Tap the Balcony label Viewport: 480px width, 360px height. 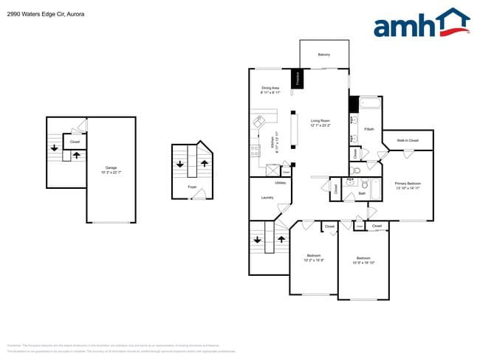point(323,55)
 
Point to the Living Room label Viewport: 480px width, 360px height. point(320,122)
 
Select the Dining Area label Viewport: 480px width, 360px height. point(270,90)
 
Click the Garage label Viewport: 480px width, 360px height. point(111,169)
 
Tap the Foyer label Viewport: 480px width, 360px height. point(192,188)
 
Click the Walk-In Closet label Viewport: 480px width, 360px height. point(407,140)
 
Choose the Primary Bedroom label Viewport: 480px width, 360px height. point(408,184)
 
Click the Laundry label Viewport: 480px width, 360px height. point(267,197)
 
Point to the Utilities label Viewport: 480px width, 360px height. point(280,182)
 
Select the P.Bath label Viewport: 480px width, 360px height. point(368,130)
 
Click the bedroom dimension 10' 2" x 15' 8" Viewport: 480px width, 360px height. point(315,259)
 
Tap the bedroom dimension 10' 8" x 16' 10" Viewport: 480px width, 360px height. point(363,260)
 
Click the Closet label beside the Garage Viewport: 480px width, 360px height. point(75,142)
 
